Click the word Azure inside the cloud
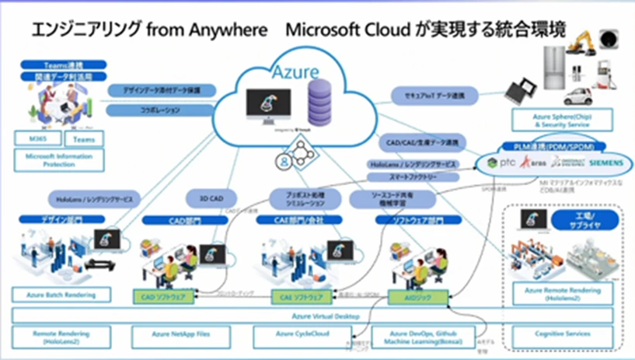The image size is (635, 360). click(295, 72)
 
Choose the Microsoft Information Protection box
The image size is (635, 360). click(59, 159)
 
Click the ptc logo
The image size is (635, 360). click(498, 163)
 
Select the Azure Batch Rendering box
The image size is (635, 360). click(61, 295)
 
